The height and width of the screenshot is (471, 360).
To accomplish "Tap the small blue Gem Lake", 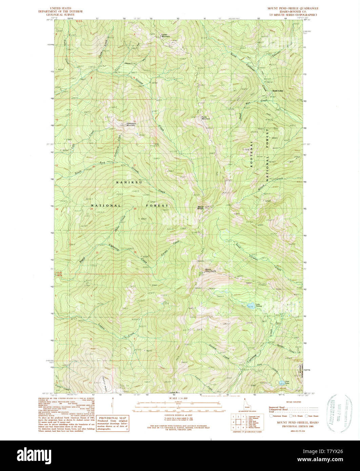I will coord(281,383).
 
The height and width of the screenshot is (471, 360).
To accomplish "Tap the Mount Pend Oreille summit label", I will coord(211,271).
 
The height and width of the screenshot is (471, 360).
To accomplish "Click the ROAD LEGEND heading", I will coord(292,401).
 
